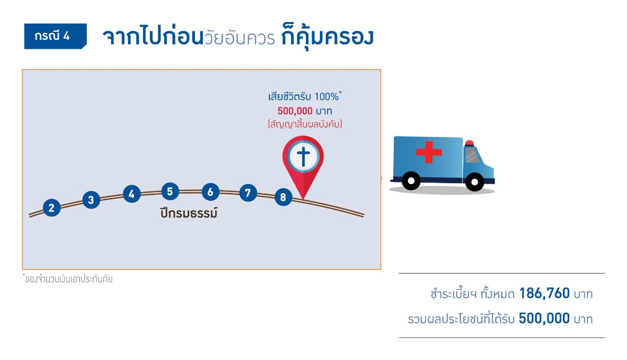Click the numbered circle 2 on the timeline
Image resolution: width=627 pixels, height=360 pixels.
(x=51, y=208)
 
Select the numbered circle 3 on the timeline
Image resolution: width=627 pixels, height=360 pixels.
(x=91, y=200)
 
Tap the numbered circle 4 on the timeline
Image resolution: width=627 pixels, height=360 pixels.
(x=131, y=194)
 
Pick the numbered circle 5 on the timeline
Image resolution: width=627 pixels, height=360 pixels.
(x=169, y=192)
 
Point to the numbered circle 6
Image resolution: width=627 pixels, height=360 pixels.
(x=210, y=192)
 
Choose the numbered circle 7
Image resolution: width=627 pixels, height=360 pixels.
(x=248, y=193)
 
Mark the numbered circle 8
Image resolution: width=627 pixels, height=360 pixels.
(x=283, y=197)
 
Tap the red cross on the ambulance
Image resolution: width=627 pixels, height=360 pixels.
(x=429, y=152)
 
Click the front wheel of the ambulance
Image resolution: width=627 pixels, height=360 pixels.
(x=474, y=182)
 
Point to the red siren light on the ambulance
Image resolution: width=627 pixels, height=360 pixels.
(x=469, y=143)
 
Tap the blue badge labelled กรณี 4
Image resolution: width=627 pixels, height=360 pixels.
(x=55, y=36)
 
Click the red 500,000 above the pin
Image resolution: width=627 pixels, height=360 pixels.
(x=295, y=111)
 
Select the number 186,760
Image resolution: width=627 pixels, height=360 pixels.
(x=544, y=293)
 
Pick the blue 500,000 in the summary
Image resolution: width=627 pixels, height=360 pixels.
(x=544, y=319)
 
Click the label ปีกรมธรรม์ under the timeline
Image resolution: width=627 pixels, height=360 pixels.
(x=189, y=214)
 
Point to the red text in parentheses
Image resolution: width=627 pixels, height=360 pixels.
(x=305, y=124)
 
